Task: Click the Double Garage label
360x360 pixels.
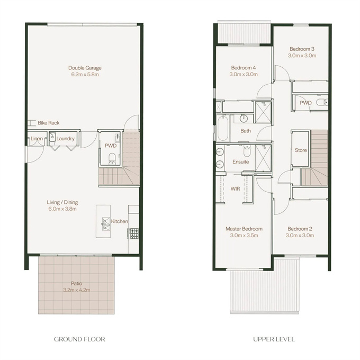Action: pyautogui.click(x=85, y=68)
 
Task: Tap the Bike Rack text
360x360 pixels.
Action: pyautogui.click(x=49, y=123)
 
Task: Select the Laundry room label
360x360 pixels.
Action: pyautogui.click(x=66, y=139)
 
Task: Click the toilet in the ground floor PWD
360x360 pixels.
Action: pyautogui.click(x=112, y=158)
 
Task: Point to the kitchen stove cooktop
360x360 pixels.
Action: pyautogui.click(x=133, y=233)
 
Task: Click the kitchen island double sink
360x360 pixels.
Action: pyautogui.click(x=105, y=224)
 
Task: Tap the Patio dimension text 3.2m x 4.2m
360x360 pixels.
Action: pyautogui.click(x=77, y=290)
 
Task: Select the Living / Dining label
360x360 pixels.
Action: pyautogui.click(x=62, y=202)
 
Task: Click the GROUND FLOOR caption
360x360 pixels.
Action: pyautogui.click(x=79, y=339)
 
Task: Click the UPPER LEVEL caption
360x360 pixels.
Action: pyautogui.click(x=274, y=339)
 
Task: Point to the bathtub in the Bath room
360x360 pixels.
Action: pyautogui.click(x=223, y=128)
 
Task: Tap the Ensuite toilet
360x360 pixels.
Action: pyautogui.click(x=247, y=151)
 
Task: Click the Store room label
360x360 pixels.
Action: pyautogui.click(x=301, y=150)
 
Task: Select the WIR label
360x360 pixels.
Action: pyautogui.click(x=236, y=189)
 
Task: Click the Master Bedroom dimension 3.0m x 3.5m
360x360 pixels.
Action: pyautogui.click(x=244, y=236)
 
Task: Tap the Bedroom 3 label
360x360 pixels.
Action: pyautogui.click(x=302, y=49)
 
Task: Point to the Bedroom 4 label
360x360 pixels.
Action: pyautogui.click(x=244, y=68)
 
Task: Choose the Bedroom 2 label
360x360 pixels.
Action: pyautogui.click(x=300, y=229)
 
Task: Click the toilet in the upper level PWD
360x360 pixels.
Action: pyautogui.click(x=322, y=102)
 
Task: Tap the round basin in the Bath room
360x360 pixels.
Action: pyautogui.click(x=244, y=119)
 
